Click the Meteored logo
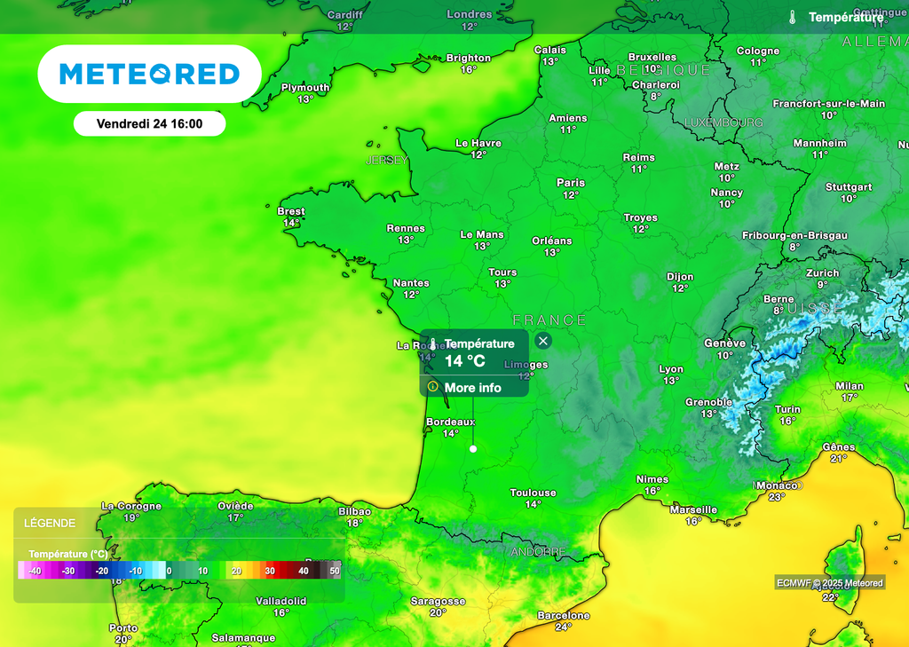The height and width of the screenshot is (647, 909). (149, 74)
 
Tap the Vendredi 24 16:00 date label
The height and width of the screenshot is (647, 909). (149, 124)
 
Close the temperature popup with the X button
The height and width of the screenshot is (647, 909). (543, 341)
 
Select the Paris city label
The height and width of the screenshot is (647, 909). (571, 183)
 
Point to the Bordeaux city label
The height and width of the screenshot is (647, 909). (451, 422)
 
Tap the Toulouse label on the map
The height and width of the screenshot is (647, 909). (533, 493)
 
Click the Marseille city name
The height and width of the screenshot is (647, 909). (694, 509)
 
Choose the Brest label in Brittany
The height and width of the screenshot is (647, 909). (291, 212)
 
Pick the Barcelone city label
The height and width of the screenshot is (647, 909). (564, 615)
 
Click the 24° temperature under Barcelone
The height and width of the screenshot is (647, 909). (564, 627)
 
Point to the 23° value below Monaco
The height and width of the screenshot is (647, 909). (777, 497)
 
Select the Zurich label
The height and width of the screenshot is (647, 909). (823, 273)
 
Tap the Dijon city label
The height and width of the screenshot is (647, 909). (680, 277)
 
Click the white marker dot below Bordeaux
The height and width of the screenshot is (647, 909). (473, 449)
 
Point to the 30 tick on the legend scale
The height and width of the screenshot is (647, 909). (270, 572)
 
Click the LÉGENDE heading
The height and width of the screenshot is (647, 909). (50, 524)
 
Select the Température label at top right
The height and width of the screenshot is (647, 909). (845, 17)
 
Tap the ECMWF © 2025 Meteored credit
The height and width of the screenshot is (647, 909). (830, 583)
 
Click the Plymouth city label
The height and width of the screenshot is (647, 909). (305, 88)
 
